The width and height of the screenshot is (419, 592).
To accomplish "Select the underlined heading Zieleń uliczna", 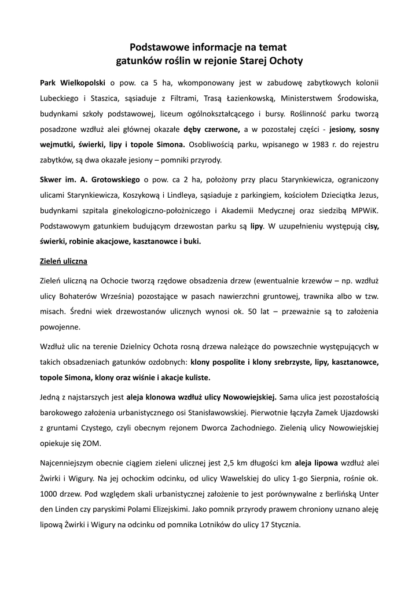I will click(x=64, y=261).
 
